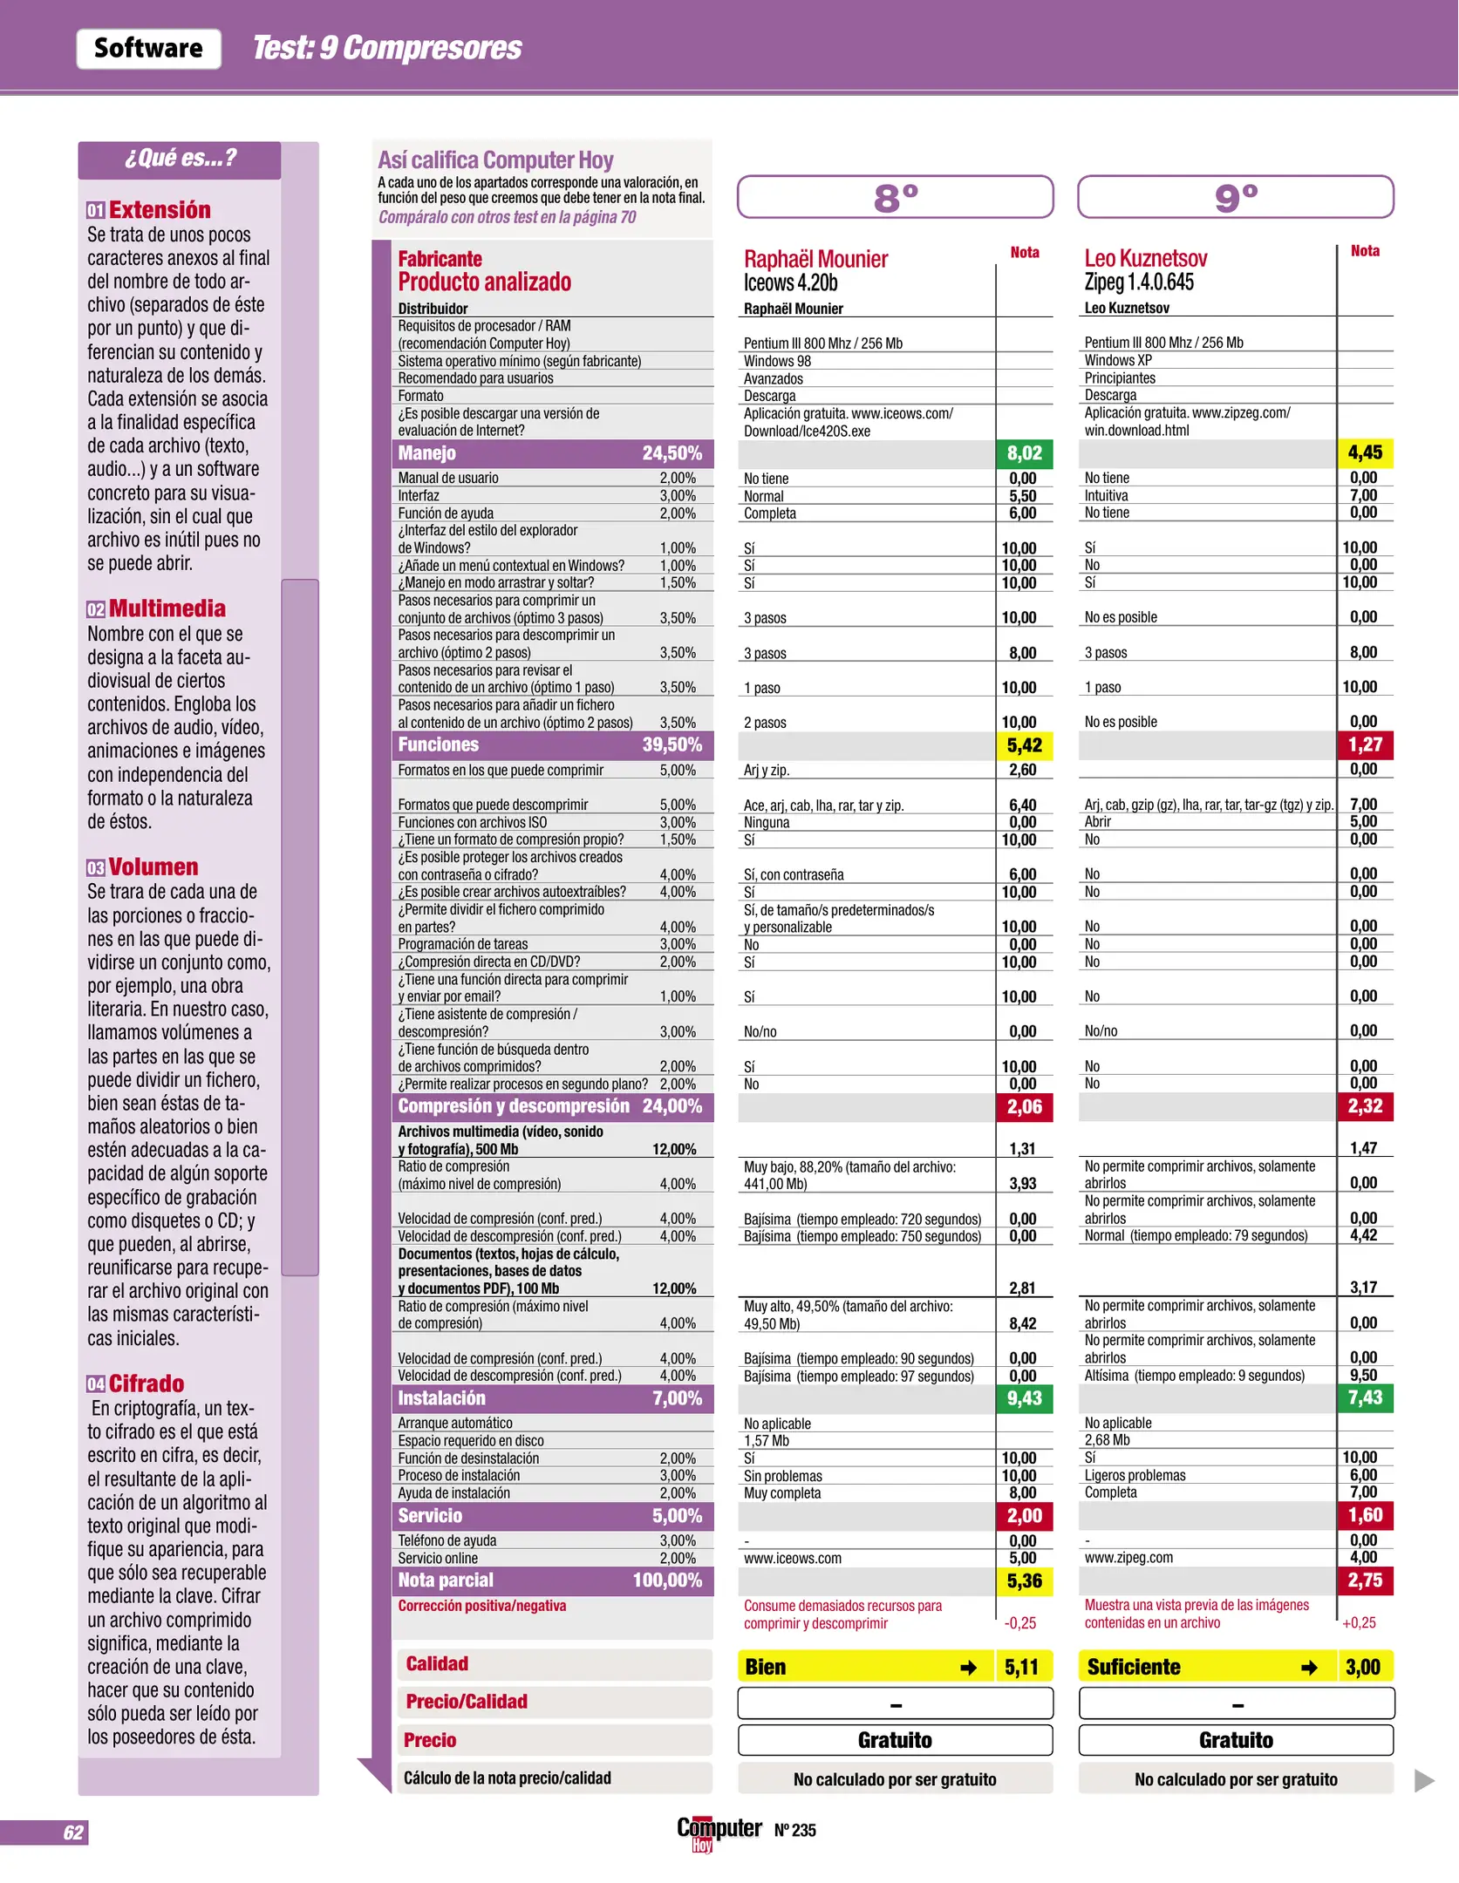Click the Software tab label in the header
coord(148,48)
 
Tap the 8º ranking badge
coord(895,198)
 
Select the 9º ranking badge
coord(1235,198)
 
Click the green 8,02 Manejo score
coord(1024,453)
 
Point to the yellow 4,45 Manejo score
coord(1365,452)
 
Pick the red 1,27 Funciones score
coord(1365,744)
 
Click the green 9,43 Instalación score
coord(1024,1398)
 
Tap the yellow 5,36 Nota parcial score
coord(1024,1580)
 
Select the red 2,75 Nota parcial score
coord(1365,1580)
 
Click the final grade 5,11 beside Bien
coord(1021,1667)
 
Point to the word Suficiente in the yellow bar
coord(1133,1667)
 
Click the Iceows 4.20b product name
coord(790,282)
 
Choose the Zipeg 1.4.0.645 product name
coord(1139,282)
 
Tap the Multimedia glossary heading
coord(167,608)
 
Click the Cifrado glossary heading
coord(146,1383)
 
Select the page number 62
coord(73,1832)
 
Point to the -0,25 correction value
coord(1019,1623)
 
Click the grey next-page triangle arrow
coord(1423,1779)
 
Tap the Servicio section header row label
coord(430,1515)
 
